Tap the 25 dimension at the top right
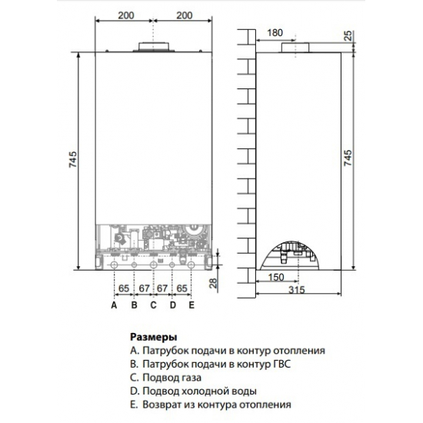click(348, 36)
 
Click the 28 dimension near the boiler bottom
click(214, 285)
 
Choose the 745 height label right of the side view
click(348, 159)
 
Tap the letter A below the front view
click(113, 305)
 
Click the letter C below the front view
click(153, 305)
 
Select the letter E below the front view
click(192, 305)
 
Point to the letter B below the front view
click(133, 305)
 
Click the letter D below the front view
click(172, 305)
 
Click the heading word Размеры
click(154, 337)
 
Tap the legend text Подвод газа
click(173, 377)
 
